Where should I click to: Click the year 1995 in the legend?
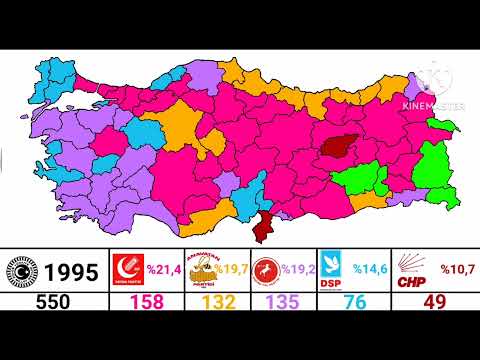tap(69, 272)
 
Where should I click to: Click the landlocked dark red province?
tap(339, 146)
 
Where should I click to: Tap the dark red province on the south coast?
tap(266, 226)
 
